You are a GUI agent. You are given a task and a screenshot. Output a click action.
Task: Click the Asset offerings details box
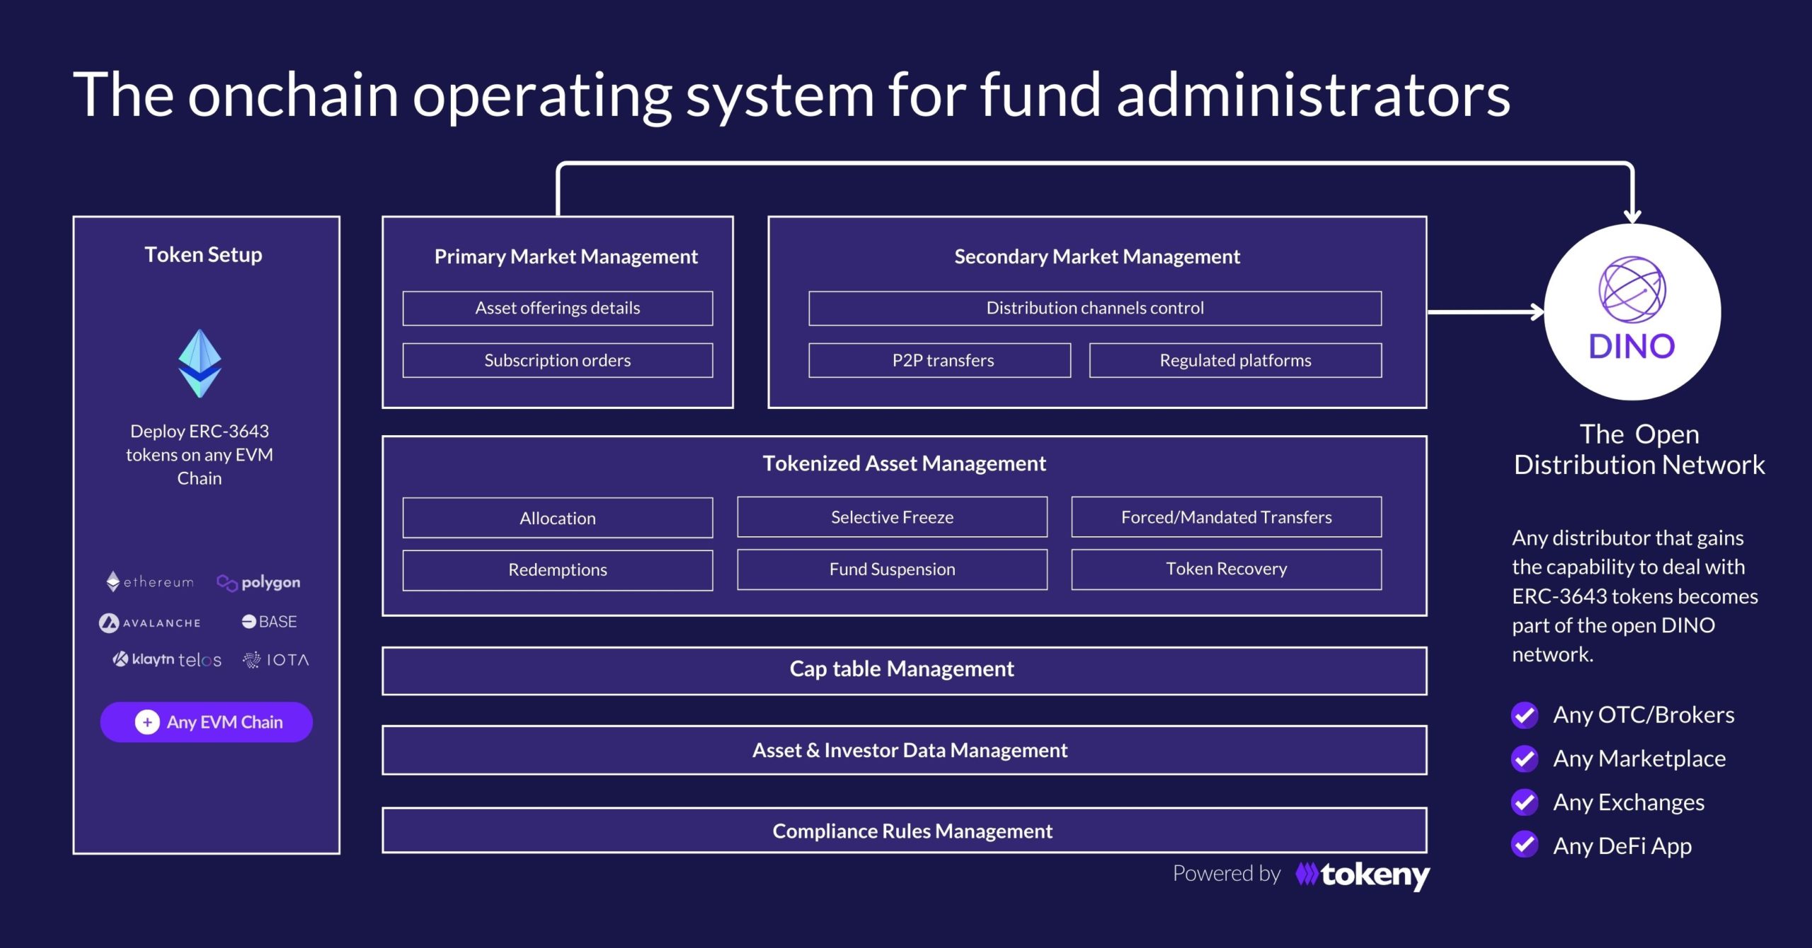click(558, 308)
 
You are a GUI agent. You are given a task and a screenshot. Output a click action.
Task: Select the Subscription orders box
click(558, 360)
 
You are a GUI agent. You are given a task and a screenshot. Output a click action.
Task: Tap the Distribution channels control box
click(1095, 308)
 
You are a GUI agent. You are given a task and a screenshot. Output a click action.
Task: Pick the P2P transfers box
click(939, 360)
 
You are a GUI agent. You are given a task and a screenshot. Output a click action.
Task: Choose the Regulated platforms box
click(1235, 360)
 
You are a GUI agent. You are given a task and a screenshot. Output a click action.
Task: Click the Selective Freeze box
click(892, 517)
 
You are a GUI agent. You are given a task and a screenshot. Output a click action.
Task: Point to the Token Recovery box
click(1227, 569)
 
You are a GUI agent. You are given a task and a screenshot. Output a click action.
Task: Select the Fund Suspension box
click(892, 569)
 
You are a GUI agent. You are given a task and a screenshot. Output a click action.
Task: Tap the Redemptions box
click(558, 570)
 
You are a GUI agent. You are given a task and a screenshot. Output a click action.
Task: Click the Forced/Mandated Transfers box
click(1227, 517)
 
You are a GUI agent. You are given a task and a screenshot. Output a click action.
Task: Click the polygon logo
click(258, 582)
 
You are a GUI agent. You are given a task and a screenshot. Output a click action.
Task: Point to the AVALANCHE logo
click(149, 623)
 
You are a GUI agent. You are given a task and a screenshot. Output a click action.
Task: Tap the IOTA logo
click(276, 660)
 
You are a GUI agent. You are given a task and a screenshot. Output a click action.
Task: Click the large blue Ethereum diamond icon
click(200, 363)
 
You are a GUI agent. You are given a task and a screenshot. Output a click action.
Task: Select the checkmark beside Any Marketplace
click(1525, 759)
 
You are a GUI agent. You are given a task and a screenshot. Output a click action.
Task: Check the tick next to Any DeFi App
click(1525, 845)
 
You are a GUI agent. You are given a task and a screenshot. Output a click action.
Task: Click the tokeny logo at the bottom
click(1363, 876)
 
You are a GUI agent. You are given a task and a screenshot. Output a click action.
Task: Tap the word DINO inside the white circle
click(1632, 347)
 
